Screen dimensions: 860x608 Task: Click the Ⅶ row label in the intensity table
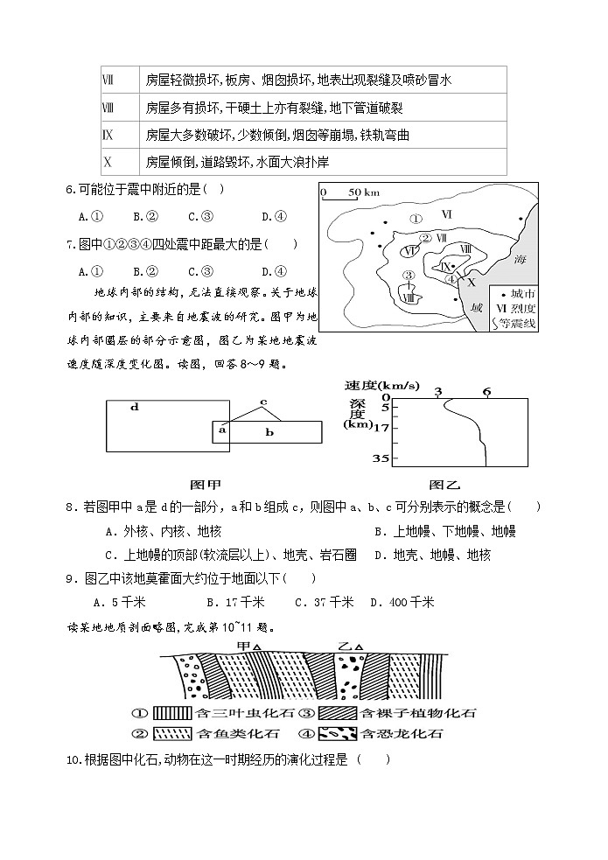(108, 80)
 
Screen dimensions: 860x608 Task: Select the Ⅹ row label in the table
(108, 162)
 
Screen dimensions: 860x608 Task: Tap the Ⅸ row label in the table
(108, 135)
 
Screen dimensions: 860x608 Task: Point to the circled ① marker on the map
(416, 219)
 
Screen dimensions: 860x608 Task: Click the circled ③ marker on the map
(408, 276)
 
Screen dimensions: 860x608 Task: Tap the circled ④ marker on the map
(450, 279)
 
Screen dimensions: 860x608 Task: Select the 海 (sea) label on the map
(521, 260)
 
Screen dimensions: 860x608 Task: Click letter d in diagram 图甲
(134, 407)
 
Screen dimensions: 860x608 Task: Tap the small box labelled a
(222, 430)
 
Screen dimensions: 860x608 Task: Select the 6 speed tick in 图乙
(486, 391)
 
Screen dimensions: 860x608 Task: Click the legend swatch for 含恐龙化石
(338, 733)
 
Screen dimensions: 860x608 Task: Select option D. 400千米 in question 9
(402, 602)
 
